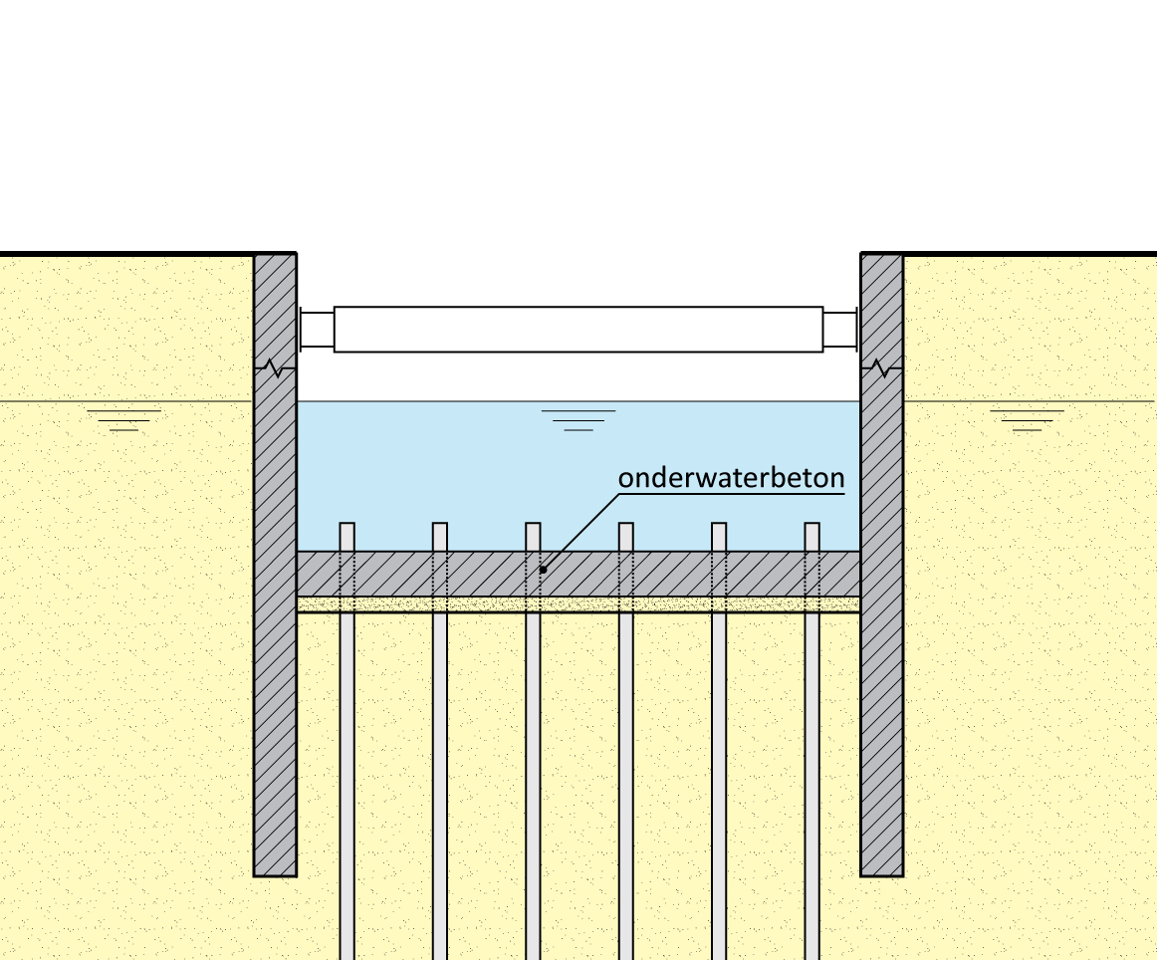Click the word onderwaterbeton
click(731, 478)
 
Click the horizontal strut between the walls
click(578, 330)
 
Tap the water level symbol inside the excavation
click(578, 419)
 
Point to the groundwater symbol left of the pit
click(123, 419)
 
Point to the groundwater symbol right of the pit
click(1027, 419)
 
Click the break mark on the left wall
click(276, 368)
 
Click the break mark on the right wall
click(881, 368)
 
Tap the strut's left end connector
click(316, 330)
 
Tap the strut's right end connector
click(840, 330)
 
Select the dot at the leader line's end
click(543, 570)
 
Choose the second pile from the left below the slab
click(440, 777)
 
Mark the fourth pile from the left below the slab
click(625, 777)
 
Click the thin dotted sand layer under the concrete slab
click(578, 604)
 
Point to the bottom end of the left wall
click(275, 872)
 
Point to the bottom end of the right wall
click(881, 872)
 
